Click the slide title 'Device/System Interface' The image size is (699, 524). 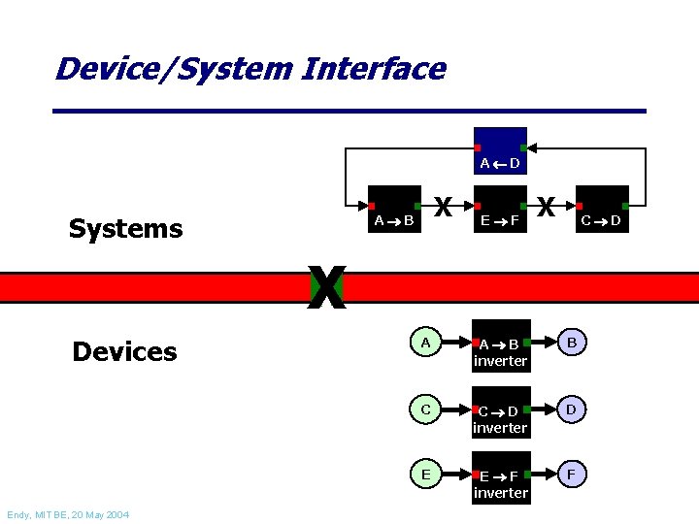(x=250, y=69)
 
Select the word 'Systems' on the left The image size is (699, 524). (x=125, y=229)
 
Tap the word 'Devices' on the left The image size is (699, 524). (x=124, y=351)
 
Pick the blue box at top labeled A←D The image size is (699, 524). (x=501, y=150)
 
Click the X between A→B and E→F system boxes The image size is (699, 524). (x=444, y=208)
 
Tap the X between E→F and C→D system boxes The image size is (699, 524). (x=547, y=208)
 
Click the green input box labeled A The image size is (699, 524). (x=426, y=343)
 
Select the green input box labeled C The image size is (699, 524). (x=426, y=409)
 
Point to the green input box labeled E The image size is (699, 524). (x=426, y=475)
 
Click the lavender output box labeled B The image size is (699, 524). (x=572, y=343)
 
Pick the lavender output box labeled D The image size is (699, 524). (x=572, y=409)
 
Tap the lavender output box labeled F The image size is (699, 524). (x=572, y=475)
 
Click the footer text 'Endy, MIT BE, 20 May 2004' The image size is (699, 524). (x=67, y=514)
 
